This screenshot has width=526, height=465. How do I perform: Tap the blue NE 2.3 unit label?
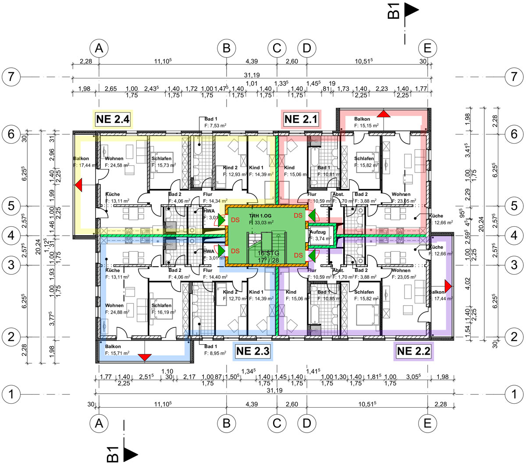[253, 351]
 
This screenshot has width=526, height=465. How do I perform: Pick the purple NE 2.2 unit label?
[414, 351]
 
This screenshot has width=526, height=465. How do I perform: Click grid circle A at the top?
[99, 48]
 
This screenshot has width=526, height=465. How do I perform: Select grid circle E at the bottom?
[427, 423]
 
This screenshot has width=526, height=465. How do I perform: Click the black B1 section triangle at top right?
[412, 10]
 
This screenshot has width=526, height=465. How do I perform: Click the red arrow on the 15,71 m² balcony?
[144, 357]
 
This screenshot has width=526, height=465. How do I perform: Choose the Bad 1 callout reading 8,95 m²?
[215, 349]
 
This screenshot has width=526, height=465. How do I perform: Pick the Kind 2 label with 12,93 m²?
[231, 168]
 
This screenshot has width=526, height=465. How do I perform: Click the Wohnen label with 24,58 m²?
[114, 159]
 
